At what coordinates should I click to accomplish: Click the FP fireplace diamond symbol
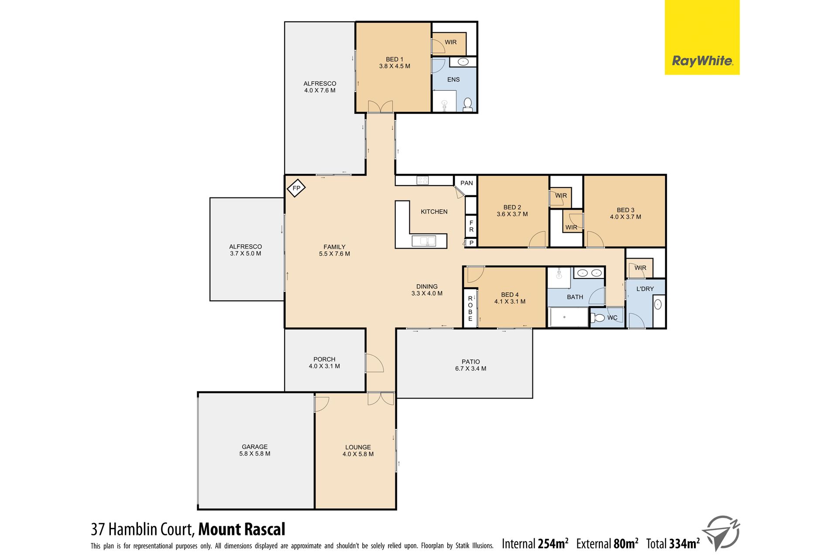[x=296, y=188]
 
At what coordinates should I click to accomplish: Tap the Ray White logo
[x=702, y=37]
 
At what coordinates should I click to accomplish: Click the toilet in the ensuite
[x=467, y=105]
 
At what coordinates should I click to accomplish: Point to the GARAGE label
[x=255, y=447]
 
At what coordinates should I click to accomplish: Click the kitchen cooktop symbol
[x=422, y=180]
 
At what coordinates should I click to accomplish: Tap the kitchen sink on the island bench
[x=424, y=241]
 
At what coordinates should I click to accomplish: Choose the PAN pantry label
[x=467, y=183]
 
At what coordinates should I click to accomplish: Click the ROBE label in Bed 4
[x=470, y=309]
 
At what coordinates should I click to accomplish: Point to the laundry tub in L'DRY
[x=658, y=304]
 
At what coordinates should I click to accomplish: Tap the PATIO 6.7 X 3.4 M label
[x=471, y=365]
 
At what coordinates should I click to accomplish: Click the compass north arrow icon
[x=723, y=532]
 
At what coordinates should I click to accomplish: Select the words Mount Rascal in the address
[x=242, y=529]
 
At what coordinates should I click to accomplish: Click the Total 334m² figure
[x=673, y=544]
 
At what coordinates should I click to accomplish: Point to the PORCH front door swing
[x=374, y=363]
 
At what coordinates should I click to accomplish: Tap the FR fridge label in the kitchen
[x=471, y=226]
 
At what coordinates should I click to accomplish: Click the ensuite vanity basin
[x=463, y=61]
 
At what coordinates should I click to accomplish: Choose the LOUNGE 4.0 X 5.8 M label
[x=358, y=451]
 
